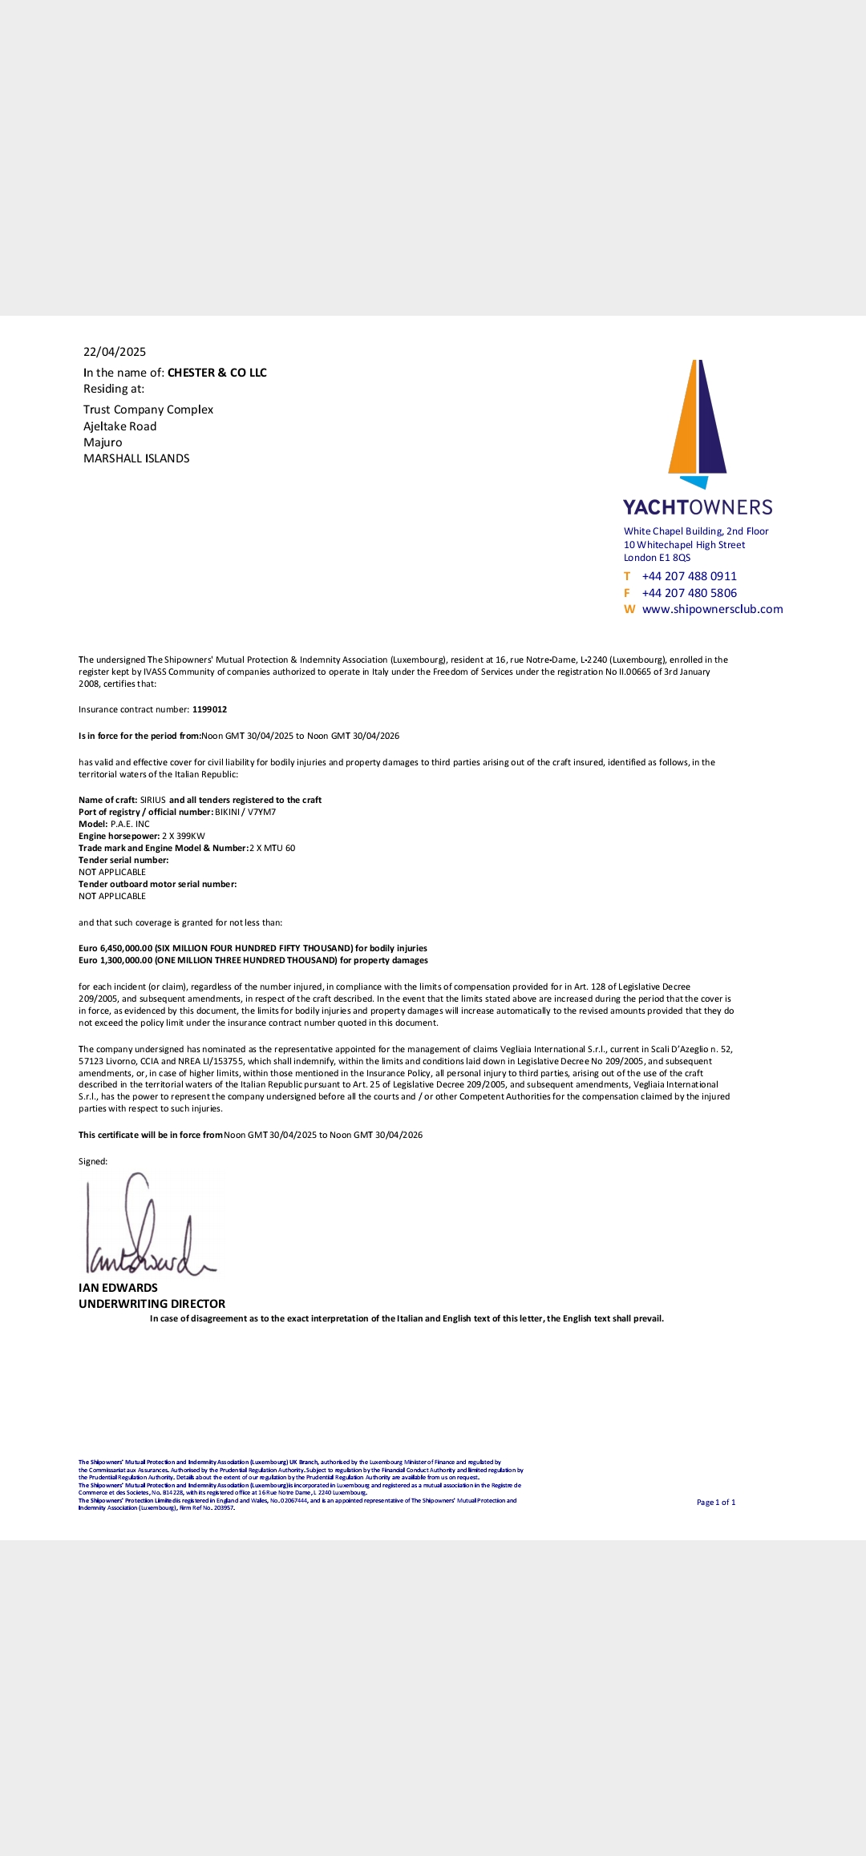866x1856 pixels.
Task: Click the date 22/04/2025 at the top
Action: coord(115,352)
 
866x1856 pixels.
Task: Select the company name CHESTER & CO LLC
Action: coord(216,373)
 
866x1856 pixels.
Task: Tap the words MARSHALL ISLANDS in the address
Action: coord(136,458)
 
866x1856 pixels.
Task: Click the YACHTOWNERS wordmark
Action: coord(698,507)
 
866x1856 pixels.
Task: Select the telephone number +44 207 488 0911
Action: coord(689,576)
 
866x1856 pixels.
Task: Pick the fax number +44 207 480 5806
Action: coord(689,593)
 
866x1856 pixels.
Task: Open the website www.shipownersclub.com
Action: coord(712,609)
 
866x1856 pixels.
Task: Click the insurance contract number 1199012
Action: coord(209,709)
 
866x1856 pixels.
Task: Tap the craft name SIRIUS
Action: coord(153,800)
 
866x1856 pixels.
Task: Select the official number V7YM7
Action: coord(261,812)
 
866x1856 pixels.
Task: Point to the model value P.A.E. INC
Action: coord(130,824)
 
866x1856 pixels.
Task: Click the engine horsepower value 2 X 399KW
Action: coord(184,836)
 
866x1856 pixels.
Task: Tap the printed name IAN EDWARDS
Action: coord(118,1288)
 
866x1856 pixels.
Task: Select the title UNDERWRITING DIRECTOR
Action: coord(152,1304)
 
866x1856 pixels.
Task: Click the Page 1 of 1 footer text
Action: coord(715,1503)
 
